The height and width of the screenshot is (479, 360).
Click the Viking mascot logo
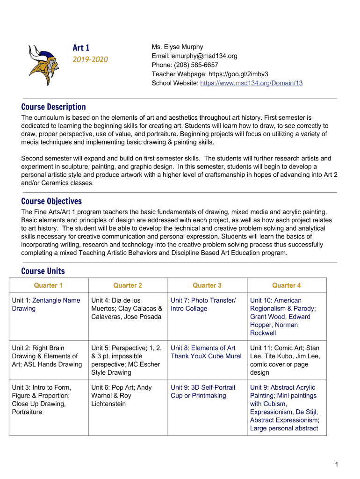tap(43, 65)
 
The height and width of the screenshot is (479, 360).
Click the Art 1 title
tap(81, 48)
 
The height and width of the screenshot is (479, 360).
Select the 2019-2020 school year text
tap(90, 59)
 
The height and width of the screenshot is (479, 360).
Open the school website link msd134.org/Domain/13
tap(251, 83)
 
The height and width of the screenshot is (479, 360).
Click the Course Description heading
tap(53, 107)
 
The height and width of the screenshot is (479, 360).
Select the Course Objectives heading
tap(51, 201)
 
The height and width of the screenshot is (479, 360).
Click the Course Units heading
tap(43, 271)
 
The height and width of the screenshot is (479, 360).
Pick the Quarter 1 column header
tap(48, 285)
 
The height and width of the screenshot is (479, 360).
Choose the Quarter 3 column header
tap(207, 285)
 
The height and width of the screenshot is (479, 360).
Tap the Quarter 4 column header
tap(287, 285)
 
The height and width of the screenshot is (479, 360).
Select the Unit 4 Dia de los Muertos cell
tap(127, 308)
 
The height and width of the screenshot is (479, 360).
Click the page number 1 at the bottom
tap(336, 464)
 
